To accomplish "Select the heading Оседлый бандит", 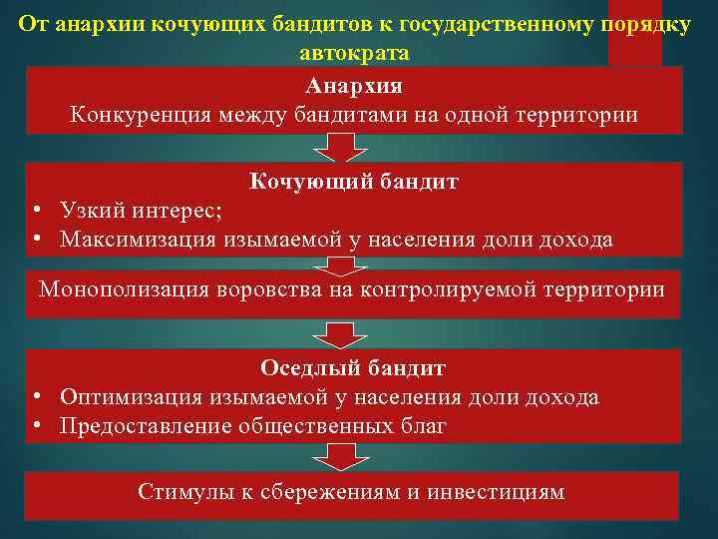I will click(x=353, y=367).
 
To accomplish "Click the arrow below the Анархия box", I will click(x=341, y=148).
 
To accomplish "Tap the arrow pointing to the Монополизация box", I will click(x=341, y=264).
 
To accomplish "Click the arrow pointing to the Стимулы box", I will click(x=341, y=457).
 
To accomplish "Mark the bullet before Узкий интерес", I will click(x=35, y=211).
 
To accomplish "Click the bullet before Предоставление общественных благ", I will click(x=35, y=425).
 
